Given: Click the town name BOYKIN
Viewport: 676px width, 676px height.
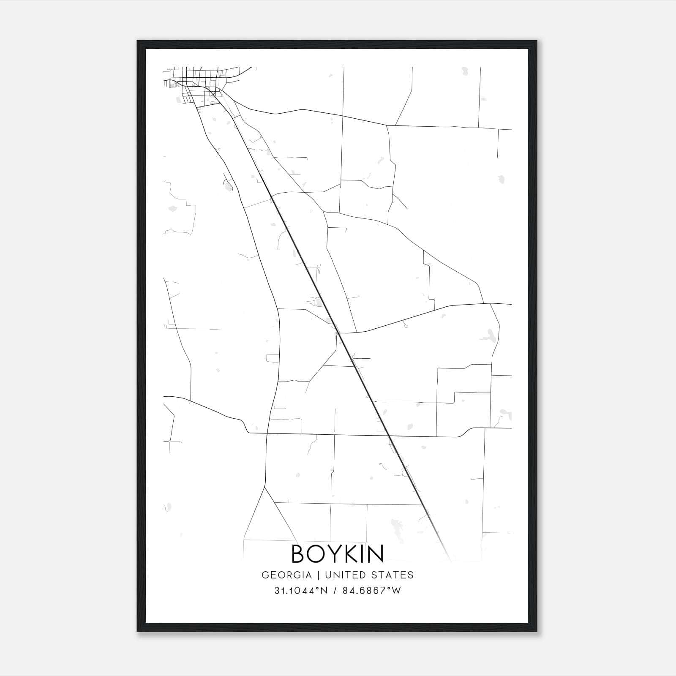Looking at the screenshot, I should pos(338,554).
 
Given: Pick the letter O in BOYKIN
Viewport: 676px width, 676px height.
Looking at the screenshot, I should pos(316,554).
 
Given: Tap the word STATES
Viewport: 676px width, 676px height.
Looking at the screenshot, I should pos(393,575).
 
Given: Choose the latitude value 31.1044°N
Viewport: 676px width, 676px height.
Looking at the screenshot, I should pos(300,591).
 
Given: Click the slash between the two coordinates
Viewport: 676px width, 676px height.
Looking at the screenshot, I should pos(334,591).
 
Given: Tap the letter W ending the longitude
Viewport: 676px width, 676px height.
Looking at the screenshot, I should pos(396,591).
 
